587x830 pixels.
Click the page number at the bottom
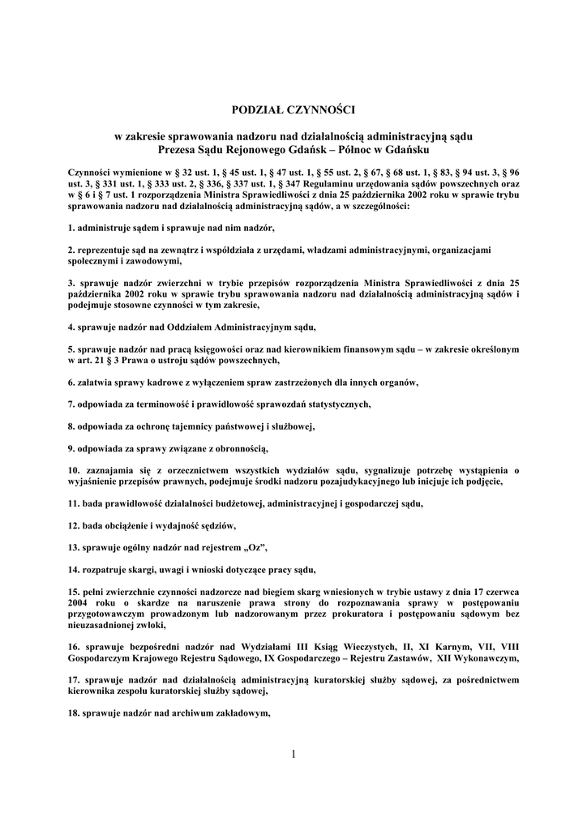[x=293, y=755]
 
